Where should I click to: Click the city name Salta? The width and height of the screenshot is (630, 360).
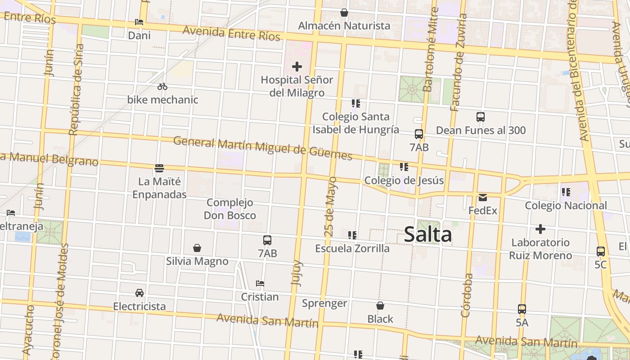[427, 234]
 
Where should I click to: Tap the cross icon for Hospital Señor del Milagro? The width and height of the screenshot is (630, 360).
[297, 67]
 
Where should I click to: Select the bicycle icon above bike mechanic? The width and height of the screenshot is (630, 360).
[162, 86]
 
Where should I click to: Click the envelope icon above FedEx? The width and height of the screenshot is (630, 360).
[483, 197]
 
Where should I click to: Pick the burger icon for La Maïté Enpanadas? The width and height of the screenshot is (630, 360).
[159, 168]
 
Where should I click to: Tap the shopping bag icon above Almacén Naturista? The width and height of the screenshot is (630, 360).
[344, 13]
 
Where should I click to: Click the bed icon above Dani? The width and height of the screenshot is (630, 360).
[139, 22]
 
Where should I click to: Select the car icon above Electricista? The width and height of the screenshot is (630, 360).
[139, 293]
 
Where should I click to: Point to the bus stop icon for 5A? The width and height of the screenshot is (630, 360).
[522, 309]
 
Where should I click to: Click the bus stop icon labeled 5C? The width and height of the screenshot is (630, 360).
[601, 252]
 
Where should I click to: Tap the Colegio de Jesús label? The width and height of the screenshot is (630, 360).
[404, 180]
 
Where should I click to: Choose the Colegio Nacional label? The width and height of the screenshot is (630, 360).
[566, 206]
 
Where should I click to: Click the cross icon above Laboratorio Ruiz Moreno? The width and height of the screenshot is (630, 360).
[540, 229]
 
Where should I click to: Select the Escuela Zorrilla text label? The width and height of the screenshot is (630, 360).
[352, 248]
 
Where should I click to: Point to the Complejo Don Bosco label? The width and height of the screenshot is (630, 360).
[230, 209]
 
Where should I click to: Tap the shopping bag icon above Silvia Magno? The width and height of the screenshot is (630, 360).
[197, 248]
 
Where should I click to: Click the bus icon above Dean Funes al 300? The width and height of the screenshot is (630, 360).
[481, 117]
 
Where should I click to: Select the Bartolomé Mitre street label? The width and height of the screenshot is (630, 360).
[431, 49]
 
